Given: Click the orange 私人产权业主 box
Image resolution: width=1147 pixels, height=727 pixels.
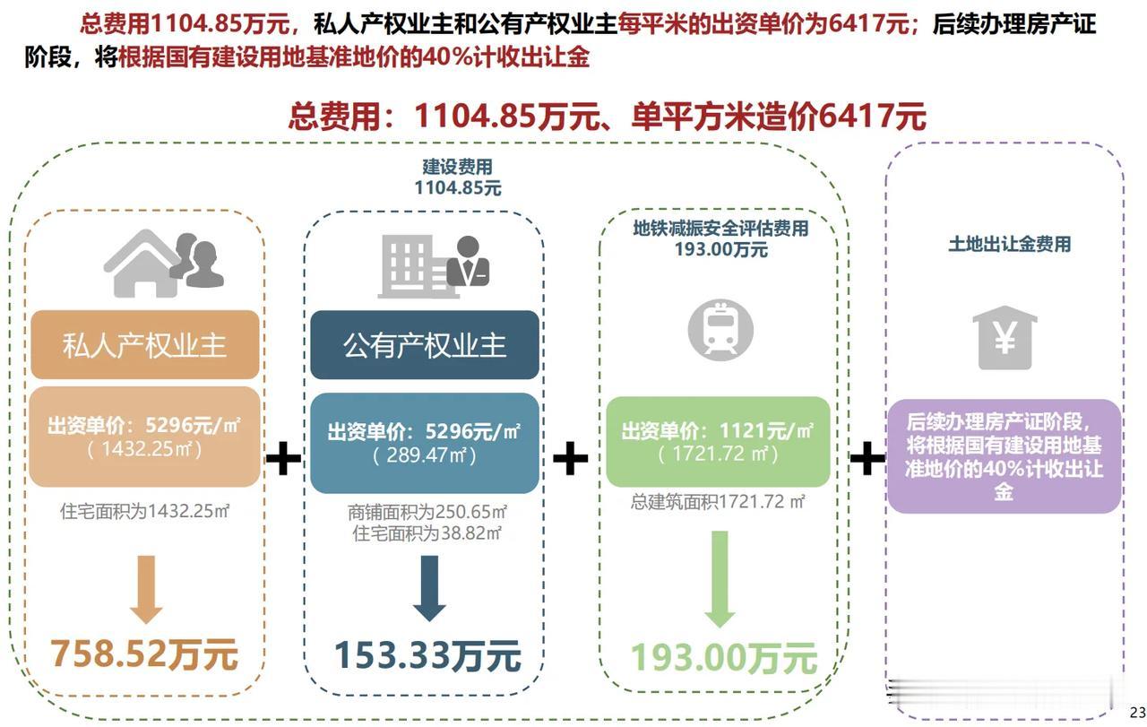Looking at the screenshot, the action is [145, 344].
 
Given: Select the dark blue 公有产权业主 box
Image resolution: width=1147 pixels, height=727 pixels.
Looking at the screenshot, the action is [425, 345].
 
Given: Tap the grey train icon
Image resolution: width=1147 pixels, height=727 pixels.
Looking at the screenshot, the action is [720, 330].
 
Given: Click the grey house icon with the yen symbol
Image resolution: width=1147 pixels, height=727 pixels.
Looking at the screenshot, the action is [1005, 338].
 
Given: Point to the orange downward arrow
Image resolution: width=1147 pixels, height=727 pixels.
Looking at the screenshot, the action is [146, 589].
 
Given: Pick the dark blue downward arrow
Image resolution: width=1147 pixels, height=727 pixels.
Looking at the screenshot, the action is [429, 588].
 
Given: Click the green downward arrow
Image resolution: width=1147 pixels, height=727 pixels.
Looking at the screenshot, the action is [720, 579].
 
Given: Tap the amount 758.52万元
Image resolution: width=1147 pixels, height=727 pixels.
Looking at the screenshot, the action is [144, 654].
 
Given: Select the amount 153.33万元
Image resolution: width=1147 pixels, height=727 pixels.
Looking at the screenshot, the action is [428, 656].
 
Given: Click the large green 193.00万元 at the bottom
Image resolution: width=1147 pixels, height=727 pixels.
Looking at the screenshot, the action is [724, 658].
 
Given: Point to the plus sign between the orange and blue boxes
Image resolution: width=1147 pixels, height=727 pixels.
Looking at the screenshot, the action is [283, 457].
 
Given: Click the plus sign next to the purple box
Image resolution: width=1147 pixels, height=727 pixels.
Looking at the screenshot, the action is [867, 457].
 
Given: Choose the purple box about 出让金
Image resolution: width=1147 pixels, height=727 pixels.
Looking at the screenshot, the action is [1005, 456].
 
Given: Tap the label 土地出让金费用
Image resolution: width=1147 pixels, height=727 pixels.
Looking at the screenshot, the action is [1009, 244].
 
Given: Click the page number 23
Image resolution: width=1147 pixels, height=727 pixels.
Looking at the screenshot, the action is [1138, 712].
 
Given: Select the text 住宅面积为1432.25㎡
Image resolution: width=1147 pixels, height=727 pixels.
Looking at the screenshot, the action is [145, 511].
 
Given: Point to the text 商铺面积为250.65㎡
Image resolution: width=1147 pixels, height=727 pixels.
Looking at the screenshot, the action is [427, 512].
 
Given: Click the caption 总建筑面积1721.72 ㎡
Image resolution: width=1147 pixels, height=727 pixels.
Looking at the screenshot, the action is [718, 502].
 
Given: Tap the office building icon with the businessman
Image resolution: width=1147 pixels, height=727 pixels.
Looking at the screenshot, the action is [434, 266].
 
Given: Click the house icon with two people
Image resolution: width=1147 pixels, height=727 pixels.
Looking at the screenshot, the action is [164, 264].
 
